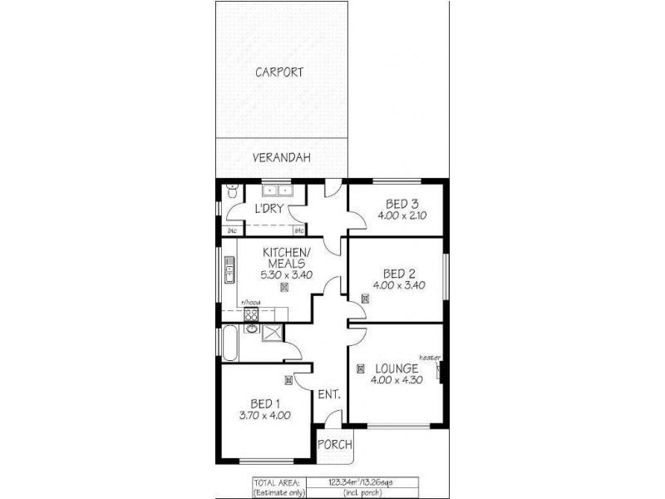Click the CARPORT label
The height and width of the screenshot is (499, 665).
click(x=278, y=72)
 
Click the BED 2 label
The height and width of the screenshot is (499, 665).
click(x=399, y=274)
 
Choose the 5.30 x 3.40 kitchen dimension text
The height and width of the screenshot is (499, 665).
click(x=286, y=275)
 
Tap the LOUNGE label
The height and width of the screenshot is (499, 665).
click(x=396, y=368)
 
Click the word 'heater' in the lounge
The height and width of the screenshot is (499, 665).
click(x=430, y=358)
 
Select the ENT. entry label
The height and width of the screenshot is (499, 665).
click(x=329, y=394)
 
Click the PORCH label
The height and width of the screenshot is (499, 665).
click(x=335, y=444)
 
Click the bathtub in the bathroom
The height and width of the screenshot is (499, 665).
click(x=229, y=343)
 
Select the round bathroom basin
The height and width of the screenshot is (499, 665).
click(x=249, y=329)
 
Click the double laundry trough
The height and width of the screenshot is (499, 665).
click(x=274, y=189)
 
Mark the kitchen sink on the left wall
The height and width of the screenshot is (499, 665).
click(x=228, y=270)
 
